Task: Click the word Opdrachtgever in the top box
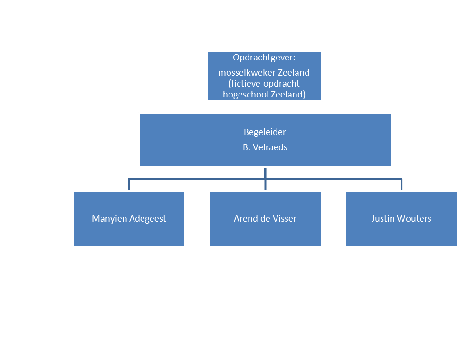263,58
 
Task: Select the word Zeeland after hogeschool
287,94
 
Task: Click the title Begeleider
265,132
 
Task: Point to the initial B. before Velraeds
247,147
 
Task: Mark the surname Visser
284,219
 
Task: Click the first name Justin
382,219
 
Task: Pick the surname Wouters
414,219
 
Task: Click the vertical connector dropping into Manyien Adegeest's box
129,185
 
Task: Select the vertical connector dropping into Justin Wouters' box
402,185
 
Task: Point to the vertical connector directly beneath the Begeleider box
265,173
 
